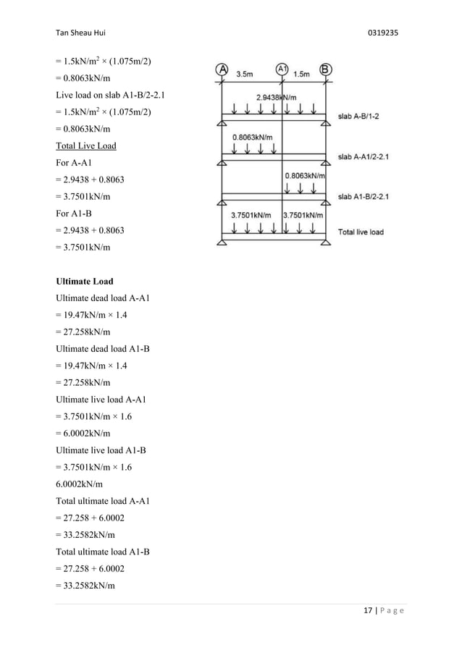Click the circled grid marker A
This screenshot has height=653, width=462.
pyautogui.click(x=222, y=70)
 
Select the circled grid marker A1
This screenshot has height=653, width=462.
pyautogui.click(x=282, y=70)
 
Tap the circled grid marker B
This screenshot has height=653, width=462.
pyautogui.click(x=326, y=70)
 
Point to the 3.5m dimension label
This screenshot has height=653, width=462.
pyautogui.click(x=245, y=74)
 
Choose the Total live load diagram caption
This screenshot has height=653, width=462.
pyautogui.click(x=361, y=232)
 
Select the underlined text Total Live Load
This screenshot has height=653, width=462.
pyautogui.click(x=86, y=146)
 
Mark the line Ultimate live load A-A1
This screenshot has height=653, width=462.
pyautogui.click(x=105, y=400)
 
